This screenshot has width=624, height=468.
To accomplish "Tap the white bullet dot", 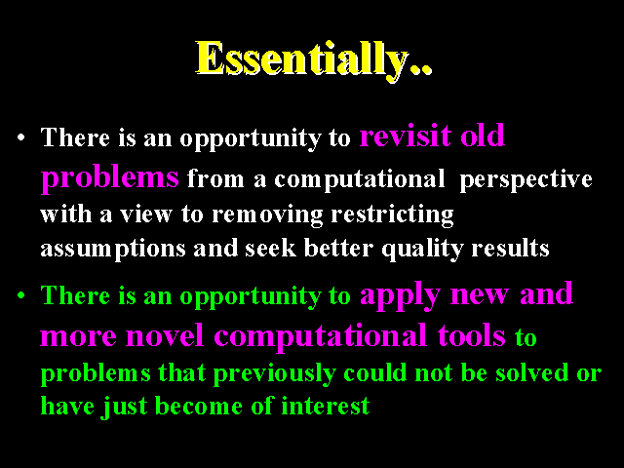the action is coord(21,138).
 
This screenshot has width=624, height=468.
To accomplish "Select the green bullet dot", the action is coord(21,296).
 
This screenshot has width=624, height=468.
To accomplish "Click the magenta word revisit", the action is coord(406,136).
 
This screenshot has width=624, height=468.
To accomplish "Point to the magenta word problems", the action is coord(110,177).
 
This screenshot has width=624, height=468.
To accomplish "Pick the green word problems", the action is coord(96,374).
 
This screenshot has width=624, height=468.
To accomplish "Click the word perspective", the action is coord(526,179).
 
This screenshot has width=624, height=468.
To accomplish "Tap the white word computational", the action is coord(360,179).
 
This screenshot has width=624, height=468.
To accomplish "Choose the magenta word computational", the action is coord(321,336).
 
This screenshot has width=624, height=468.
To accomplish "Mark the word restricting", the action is coord(392,214).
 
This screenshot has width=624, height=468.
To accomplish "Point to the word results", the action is coord(510,249).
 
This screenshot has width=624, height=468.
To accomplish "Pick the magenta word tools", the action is coord(472,335).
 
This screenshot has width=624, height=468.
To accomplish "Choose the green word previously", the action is coord(274,374).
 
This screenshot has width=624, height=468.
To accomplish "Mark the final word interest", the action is coord(326,407).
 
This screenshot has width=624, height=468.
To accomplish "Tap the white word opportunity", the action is coord(251,138).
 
